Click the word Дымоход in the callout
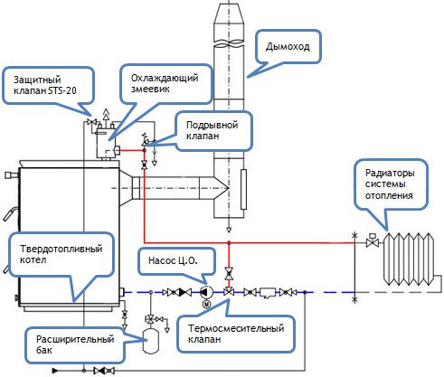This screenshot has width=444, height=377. coord(288,47)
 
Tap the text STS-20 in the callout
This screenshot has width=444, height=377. coord(62,90)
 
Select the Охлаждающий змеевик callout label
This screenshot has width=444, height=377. coord(165,83)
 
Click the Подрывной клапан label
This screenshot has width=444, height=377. coord(213,130)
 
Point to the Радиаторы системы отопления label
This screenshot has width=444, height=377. coord(390,184)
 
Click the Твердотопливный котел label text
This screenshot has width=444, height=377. coord(61,254)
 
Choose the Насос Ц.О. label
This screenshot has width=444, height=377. coord(173,260)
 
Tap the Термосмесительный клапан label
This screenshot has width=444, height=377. coord(236,334)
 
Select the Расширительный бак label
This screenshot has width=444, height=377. coord(75,344)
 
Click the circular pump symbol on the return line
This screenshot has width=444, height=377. coord(207,292)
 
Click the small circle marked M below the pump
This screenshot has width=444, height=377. coord(207,305)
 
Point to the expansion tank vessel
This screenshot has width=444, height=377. coord(150,341)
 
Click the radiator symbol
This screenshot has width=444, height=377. coord(409,259)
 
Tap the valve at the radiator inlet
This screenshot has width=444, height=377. coord(373,240)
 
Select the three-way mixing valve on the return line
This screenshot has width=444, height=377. coord(229,291)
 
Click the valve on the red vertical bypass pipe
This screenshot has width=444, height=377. coord(229,273)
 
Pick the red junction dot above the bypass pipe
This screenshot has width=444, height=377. coord(229,242)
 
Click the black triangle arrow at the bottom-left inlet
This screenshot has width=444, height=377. coord(55,371)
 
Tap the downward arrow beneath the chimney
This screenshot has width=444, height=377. coord(229,230)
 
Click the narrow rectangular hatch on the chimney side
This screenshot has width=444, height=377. coord(243,189)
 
